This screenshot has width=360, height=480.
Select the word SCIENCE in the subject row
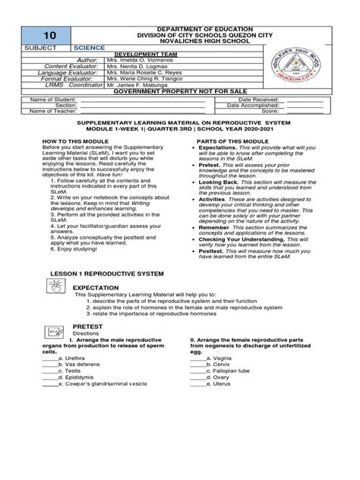[89, 46]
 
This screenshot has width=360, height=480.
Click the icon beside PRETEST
[54, 332]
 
